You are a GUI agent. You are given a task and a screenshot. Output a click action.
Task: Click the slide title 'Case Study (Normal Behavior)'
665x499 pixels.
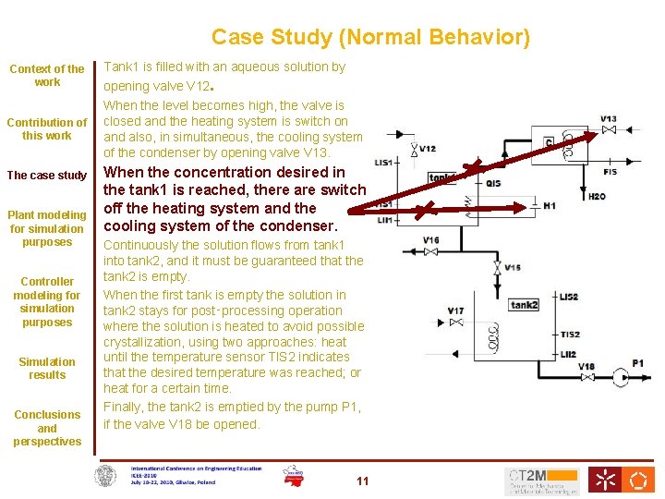coord(370,37)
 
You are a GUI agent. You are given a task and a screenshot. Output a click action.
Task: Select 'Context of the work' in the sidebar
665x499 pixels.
coord(47,75)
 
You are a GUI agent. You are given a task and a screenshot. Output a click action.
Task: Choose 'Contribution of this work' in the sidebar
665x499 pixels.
coord(47,128)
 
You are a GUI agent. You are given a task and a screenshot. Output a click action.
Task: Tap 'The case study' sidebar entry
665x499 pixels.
coord(47,176)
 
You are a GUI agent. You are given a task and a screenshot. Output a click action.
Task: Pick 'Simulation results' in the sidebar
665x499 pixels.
coord(47,368)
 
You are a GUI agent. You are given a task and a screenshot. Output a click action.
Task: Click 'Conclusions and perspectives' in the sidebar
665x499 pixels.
coord(47,428)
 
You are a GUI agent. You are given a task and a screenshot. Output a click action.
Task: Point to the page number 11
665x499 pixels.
coord(362,481)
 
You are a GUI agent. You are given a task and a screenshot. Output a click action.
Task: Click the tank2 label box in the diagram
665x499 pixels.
coord(524,305)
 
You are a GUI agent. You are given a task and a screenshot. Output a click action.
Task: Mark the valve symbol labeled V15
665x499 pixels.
coord(496,268)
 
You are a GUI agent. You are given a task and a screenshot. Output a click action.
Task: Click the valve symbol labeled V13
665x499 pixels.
coord(609,131)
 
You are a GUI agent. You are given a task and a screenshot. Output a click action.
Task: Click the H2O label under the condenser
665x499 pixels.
coord(598,196)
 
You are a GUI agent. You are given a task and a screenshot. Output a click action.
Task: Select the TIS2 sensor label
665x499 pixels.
coord(569,335)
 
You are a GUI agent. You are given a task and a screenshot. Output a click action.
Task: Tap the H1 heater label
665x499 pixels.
coord(550,206)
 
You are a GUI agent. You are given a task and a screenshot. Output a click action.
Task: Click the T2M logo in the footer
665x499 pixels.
coord(542,480)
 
